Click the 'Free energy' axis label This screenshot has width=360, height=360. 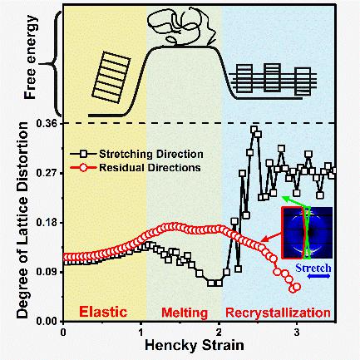tap(30, 57)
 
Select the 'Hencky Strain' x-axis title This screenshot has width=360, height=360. tap(195, 345)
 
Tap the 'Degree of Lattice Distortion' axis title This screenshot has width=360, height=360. tap(22, 219)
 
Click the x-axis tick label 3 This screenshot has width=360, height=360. tap(297, 332)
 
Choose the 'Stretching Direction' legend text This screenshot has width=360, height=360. tap(151, 154)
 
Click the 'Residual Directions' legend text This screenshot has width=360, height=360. tap(150, 168)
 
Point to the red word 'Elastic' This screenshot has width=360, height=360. tap(103, 312)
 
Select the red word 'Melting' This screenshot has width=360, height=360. tap(185, 313)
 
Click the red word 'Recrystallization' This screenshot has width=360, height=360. tap(278, 313)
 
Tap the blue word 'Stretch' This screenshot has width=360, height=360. tap(313, 268)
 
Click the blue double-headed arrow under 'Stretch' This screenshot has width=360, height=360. tap(318, 276)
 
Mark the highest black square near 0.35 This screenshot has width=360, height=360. tap(254, 130)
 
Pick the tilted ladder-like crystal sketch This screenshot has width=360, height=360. tap(111, 77)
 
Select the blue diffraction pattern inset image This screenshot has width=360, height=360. tap(307, 233)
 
